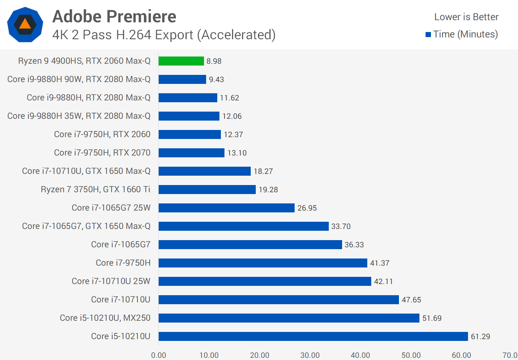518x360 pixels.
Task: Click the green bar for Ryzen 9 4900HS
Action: click(x=181, y=61)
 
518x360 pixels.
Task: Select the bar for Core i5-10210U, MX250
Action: click(x=288, y=318)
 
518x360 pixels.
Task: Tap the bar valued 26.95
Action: click(x=226, y=208)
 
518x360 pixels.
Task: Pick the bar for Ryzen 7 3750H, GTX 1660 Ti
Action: click(x=207, y=189)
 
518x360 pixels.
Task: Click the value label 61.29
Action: click(x=480, y=336)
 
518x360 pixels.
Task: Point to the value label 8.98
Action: click(x=214, y=61)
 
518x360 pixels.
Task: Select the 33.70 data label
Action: click(x=341, y=226)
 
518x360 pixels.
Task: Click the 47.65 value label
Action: click(x=411, y=300)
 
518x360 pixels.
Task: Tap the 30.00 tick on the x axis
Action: click(x=310, y=355)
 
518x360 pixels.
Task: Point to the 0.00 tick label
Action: click(x=159, y=355)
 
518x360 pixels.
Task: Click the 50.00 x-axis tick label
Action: click(x=411, y=355)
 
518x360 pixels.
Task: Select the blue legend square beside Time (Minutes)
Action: click(x=428, y=35)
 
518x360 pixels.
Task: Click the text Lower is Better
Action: click(x=466, y=17)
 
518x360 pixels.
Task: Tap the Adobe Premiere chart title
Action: click(x=114, y=17)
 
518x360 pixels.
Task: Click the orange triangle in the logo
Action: click(x=25, y=24)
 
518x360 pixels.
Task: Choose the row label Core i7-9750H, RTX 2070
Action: click(x=102, y=153)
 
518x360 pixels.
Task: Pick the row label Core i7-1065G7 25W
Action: click(x=111, y=208)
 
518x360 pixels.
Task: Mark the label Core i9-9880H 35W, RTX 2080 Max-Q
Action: click(x=79, y=116)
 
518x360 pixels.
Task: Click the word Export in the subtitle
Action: click(x=176, y=35)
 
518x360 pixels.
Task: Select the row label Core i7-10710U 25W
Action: click(x=111, y=281)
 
